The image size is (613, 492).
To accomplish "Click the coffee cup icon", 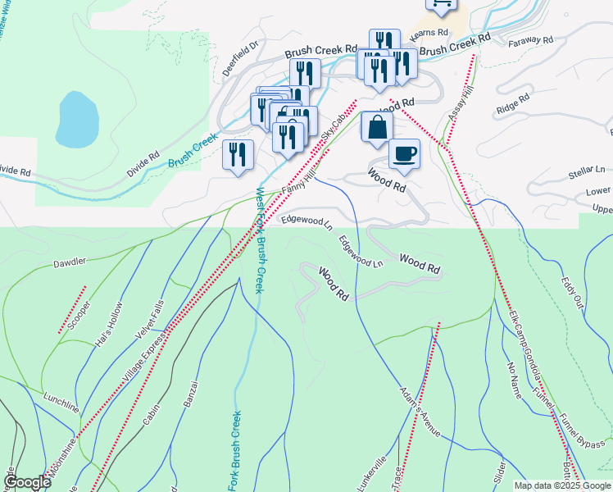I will click(x=403, y=152).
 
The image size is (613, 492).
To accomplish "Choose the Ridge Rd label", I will click(x=513, y=104).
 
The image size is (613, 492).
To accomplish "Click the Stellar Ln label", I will click(x=586, y=173).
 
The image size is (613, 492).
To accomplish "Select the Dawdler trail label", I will click(x=70, y=263).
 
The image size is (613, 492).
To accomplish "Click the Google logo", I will click(x=27, y=482).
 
